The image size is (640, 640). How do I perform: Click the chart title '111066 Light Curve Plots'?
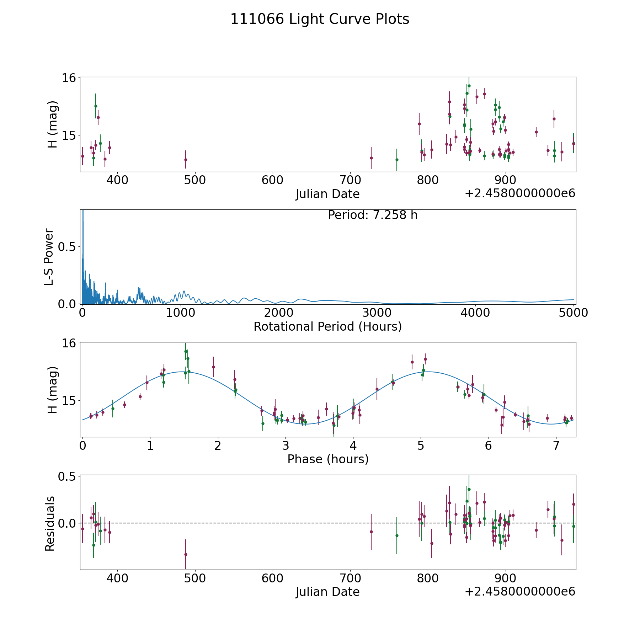click(x=320, y=19)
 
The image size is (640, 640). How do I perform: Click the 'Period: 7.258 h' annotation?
click(x=373, y=215)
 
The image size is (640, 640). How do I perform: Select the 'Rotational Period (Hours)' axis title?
click(x=327, y=326)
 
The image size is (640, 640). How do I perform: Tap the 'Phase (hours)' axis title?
click(x=328, y=459)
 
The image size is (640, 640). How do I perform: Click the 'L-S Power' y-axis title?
click(x=49, y=257)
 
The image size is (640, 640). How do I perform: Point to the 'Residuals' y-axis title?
click(x=50, y=523)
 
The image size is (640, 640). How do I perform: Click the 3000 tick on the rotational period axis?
click(x=377, y=313)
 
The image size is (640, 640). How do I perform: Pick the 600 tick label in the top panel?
click(x=272, y=180)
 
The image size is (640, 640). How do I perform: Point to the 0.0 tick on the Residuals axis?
click(x=68, y=523)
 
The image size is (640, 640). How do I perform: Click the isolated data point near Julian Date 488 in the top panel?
click(x=186, y=160)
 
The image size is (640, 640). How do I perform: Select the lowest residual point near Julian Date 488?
click(x=186, y=554)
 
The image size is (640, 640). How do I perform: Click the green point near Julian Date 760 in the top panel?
click(x=397, y=160)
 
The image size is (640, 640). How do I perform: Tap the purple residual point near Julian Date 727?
click(x=371, y=532)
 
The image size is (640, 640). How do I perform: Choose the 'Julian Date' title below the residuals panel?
click(x=327, y=592)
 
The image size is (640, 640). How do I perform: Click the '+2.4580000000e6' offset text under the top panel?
click(x=520, y=193)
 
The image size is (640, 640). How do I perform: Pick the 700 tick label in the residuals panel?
click(x=350, y=578)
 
